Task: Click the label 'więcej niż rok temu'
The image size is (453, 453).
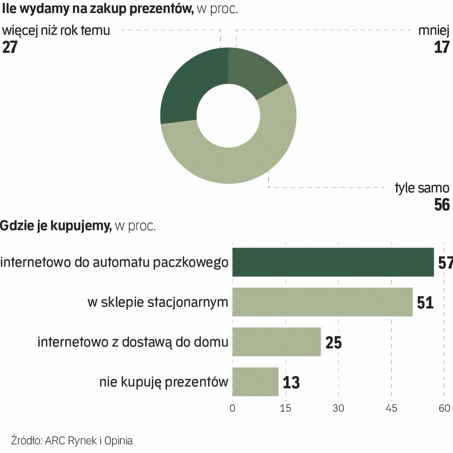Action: pyautogui.click(x=56, y=31)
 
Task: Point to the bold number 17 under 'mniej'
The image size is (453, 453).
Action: pyautogui.click(x=442, y=47)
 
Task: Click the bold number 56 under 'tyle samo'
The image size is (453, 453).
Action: pyautogui.click(x=442, y=205)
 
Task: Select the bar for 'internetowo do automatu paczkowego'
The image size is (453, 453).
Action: pyautogui.click(x=333, y=262)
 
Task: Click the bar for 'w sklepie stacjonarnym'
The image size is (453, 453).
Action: pyautogui.click(x=322, y=302)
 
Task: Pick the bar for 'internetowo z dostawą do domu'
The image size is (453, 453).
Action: pyautogui.click(x=276, y=342)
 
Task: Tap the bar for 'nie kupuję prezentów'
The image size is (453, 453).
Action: pyautogui.click(x=255, y=382)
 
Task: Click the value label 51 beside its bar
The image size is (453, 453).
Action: pyautogui.click(x=425, y=302)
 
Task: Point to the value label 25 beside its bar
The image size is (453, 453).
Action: pyautogui.click(x=333, y=342)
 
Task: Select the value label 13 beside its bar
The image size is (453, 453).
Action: pyautogui.click(x=291, y=382)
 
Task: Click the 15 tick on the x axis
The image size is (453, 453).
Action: pyautogui.click(x=285, y=408)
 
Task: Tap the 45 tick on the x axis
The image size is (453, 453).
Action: pyautogui.click(x=391, y=408)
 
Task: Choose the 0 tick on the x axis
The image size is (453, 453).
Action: pyautogui.click(x=232, y=408)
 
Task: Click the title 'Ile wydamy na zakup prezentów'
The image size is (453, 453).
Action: pyautogui.click(x=98, y=9)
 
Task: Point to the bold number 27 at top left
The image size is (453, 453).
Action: pyautogui.click(x=10, y=47)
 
